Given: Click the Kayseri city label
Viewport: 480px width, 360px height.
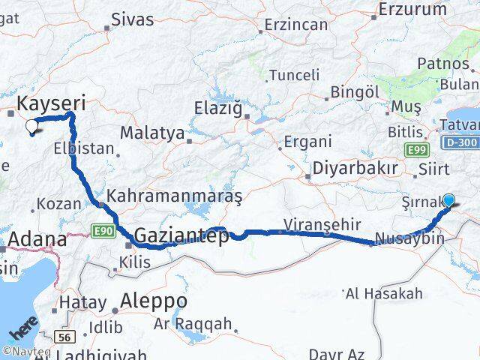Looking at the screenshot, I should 51,103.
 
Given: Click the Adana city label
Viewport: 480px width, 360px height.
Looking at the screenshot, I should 37,241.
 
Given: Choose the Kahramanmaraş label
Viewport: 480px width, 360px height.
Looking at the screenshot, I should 175,196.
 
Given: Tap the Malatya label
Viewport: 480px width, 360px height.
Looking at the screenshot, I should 152,133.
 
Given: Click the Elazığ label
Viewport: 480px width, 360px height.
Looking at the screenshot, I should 218,109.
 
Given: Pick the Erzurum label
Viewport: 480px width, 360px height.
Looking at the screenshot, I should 412,10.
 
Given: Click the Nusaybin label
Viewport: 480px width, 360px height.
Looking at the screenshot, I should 410,238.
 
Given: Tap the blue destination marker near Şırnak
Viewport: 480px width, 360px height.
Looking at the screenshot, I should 448,200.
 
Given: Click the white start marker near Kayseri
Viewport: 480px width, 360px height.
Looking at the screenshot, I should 32,127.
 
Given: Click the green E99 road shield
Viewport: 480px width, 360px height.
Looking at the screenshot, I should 417,151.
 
